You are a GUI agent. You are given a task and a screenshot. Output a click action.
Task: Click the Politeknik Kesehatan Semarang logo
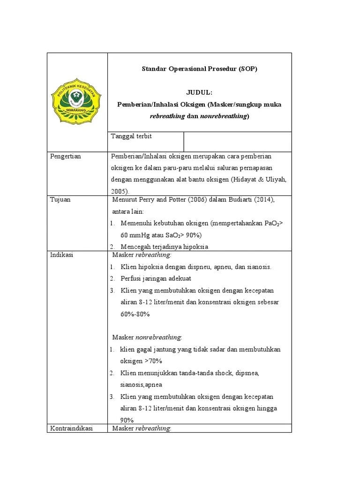(76, 102)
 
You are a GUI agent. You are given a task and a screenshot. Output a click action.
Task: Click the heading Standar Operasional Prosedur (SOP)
(200, 69)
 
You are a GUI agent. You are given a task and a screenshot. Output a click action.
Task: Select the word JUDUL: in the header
(200, 93)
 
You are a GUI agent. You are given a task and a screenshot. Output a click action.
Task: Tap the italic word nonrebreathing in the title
(224, 116)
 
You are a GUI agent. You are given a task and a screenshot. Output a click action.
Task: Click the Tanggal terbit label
(131, 136)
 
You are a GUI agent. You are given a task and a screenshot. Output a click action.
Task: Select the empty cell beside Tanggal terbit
(237, 141)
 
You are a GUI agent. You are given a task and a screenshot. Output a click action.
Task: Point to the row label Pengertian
(66, 156)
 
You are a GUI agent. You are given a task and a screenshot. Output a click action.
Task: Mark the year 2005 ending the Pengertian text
(120, 191)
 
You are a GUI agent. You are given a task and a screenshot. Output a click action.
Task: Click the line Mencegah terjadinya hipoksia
(164, 247)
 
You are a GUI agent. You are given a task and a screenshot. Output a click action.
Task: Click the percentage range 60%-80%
(135, 314)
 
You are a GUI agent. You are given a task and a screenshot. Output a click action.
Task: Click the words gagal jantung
(151, 349)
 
